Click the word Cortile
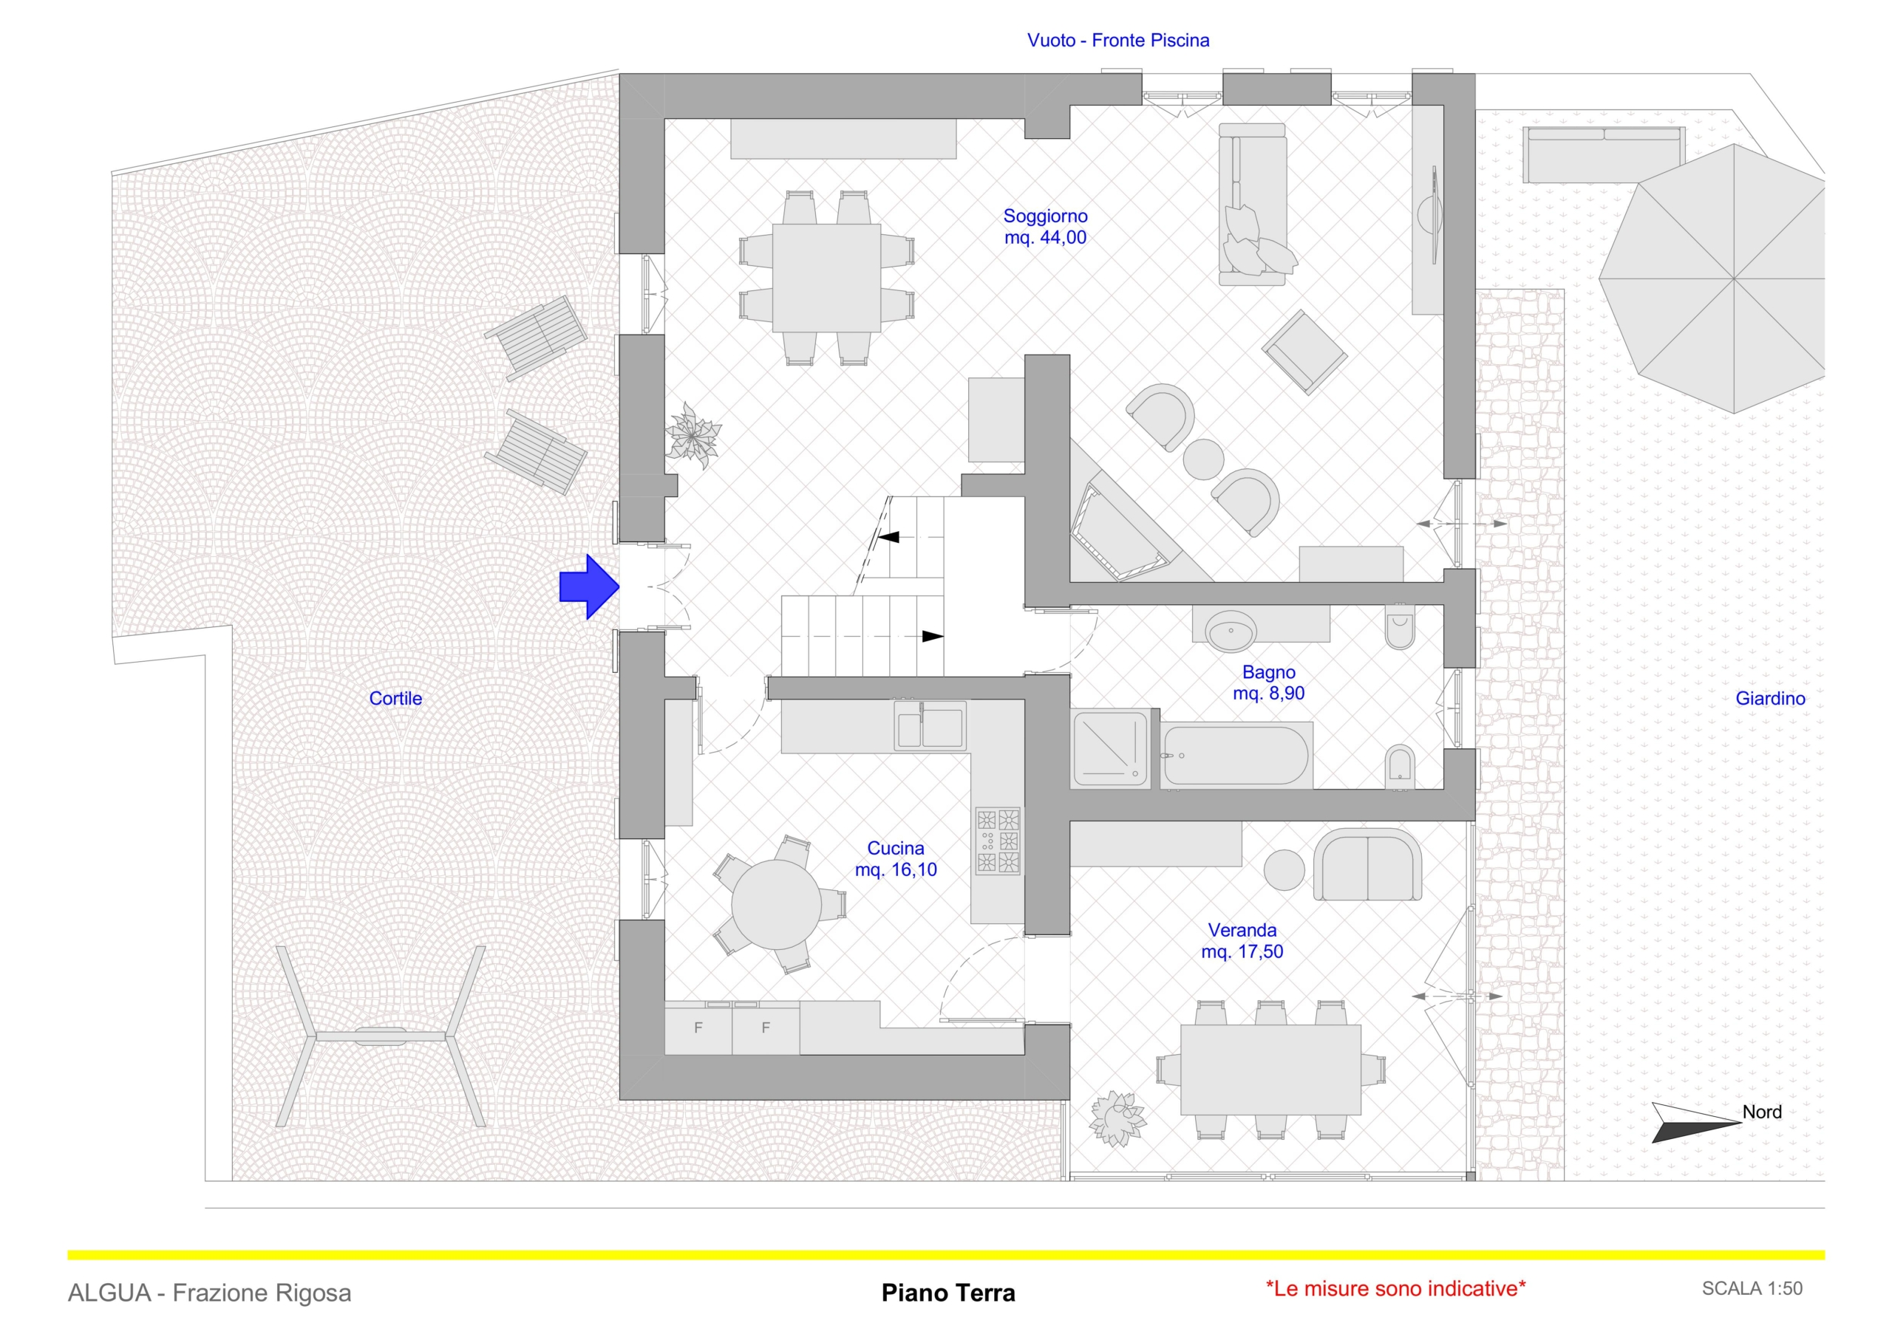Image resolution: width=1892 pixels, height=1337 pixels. pos(395,699)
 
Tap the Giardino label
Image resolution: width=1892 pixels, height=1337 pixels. pos(1770,699)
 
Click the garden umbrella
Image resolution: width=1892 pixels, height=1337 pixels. pos(1733,278)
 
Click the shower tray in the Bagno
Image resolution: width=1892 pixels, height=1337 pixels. pos(1111,749)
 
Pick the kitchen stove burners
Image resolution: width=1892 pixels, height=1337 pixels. pos(998,841)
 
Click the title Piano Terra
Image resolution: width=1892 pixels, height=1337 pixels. pos(947,1293)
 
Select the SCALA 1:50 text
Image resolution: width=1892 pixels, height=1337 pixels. pos(1752,1288)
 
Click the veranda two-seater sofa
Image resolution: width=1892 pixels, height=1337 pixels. pos(1367,866)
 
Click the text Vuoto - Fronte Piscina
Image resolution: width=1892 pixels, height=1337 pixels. pos(1118,41)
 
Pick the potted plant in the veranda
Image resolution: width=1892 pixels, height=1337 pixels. pos(1117,1118)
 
